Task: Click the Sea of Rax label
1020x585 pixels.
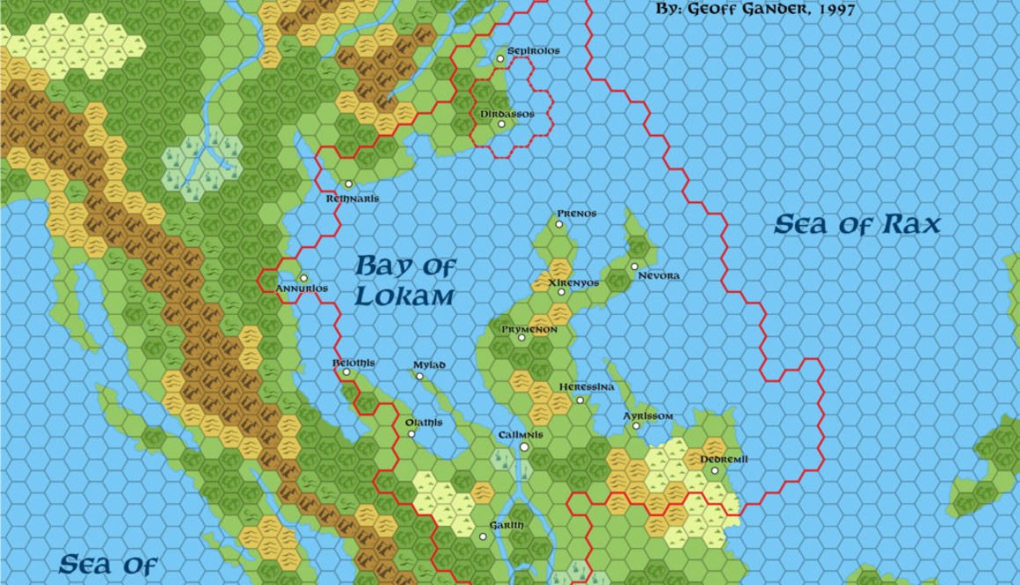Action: click(856, 225)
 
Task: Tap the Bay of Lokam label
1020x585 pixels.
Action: click(405, 281)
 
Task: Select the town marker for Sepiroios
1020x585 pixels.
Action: click(500, 58)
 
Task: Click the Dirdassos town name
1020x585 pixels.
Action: click(506, 113)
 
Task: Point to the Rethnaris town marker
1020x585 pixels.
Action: click(349, 184)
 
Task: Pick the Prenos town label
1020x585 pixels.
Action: click(577, 214)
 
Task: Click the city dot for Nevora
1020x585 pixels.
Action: click(634, 266)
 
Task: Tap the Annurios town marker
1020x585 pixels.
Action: click(303, 278)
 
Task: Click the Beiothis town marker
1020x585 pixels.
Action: click(346, 372)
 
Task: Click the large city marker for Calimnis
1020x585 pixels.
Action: click(524, 448)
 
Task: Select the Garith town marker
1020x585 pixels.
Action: click(483, 537)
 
